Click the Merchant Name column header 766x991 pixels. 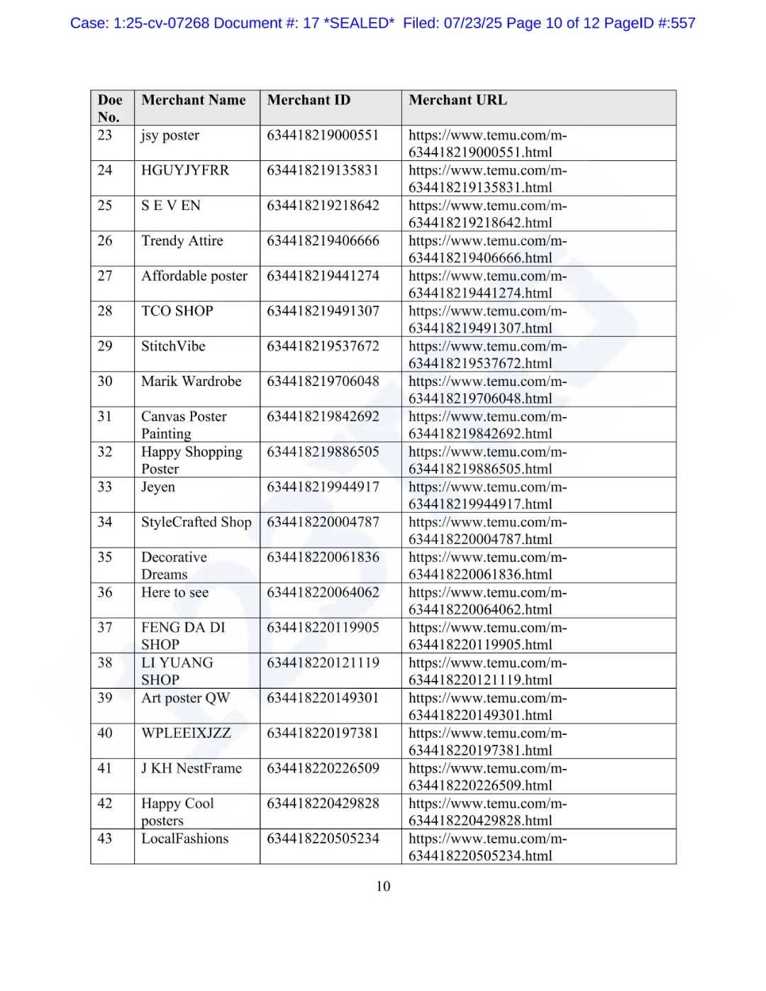(194, 100)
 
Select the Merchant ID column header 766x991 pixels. (309, 100)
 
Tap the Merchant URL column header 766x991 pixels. (457, 100)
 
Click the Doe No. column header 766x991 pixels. (110, 108)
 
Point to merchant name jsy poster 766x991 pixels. (170, 135)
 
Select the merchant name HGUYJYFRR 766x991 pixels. (185, 170)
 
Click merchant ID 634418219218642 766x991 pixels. (323, 206)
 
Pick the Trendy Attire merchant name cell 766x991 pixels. (182, 241)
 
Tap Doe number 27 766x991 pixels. (105, 276)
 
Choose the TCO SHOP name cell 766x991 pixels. (177, 311)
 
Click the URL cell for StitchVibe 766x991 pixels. (487, 355)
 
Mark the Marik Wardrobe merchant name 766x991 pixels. (191, 382)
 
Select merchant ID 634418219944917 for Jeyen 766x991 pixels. (323, 487)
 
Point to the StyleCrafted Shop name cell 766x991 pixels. (196, 523)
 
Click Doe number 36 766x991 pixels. (105, 592)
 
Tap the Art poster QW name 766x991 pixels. (186, 698)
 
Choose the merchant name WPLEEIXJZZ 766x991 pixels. (186, 733)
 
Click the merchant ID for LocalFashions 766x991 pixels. (323, 838)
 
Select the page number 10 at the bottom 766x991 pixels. (383, 886)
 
